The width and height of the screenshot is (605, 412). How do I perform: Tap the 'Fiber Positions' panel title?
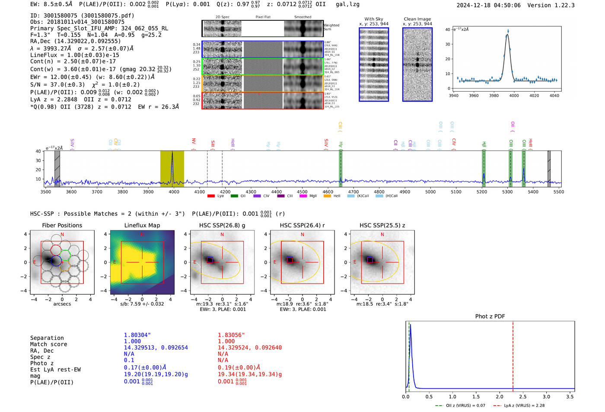point(62,225)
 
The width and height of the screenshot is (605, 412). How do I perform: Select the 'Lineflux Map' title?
point(142,225)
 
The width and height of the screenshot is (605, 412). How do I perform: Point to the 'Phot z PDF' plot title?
point(490,316)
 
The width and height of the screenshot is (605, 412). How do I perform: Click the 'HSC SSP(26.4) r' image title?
point(302,225)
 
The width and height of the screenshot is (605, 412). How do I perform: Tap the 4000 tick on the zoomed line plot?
point(514,96)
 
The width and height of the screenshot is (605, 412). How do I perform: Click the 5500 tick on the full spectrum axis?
point(558,192)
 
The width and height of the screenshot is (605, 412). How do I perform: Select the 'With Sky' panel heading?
point(373,19)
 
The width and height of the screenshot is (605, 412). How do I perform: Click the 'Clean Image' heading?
point(417,19)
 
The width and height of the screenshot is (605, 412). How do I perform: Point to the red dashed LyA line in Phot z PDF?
point(513,355)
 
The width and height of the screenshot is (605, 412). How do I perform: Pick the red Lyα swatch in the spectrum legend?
point(211,196)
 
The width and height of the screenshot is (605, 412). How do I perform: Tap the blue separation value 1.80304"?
point(137,335)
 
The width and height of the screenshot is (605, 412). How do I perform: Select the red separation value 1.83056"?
point(231,335)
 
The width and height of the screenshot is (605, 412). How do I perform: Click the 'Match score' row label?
point(48,344)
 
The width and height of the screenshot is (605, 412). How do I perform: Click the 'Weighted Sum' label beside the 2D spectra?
point(331,27)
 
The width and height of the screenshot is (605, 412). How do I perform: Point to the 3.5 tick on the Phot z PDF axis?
point(570,396)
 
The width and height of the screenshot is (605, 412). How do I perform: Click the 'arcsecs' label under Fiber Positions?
point(62,304)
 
